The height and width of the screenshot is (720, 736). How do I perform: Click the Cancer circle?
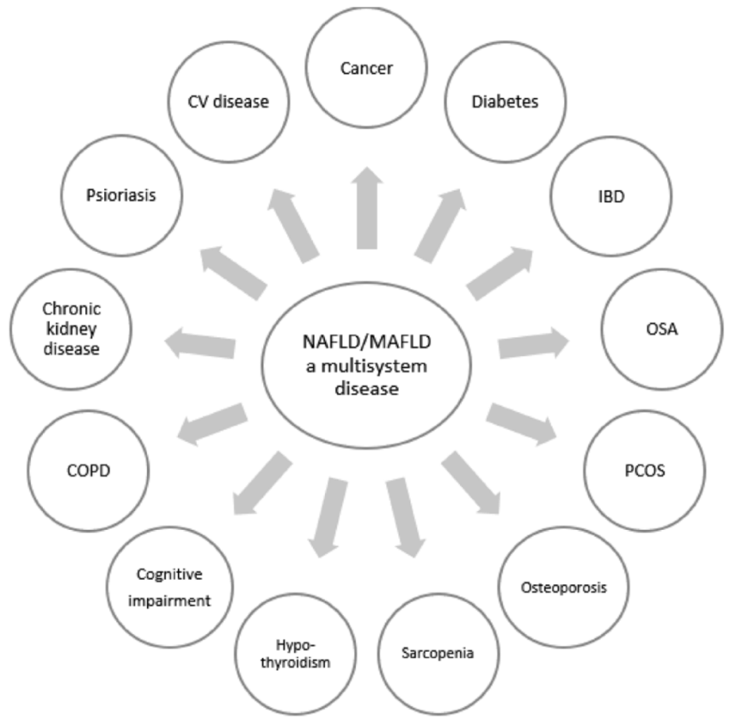pos(366,69)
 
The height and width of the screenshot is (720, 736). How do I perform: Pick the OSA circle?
pos(662,331)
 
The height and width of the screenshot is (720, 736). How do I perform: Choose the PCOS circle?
pos(643,470)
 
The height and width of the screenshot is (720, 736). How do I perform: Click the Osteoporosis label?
pos(563,588)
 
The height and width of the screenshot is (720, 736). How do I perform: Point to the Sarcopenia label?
pos(438,653)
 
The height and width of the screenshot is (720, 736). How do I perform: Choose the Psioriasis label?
pos(121,195)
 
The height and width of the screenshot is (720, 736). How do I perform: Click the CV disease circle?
pos(228,100)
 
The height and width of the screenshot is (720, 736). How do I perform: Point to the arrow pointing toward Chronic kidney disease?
pos(201,342)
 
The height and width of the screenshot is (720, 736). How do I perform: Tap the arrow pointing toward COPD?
pos(212,423)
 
